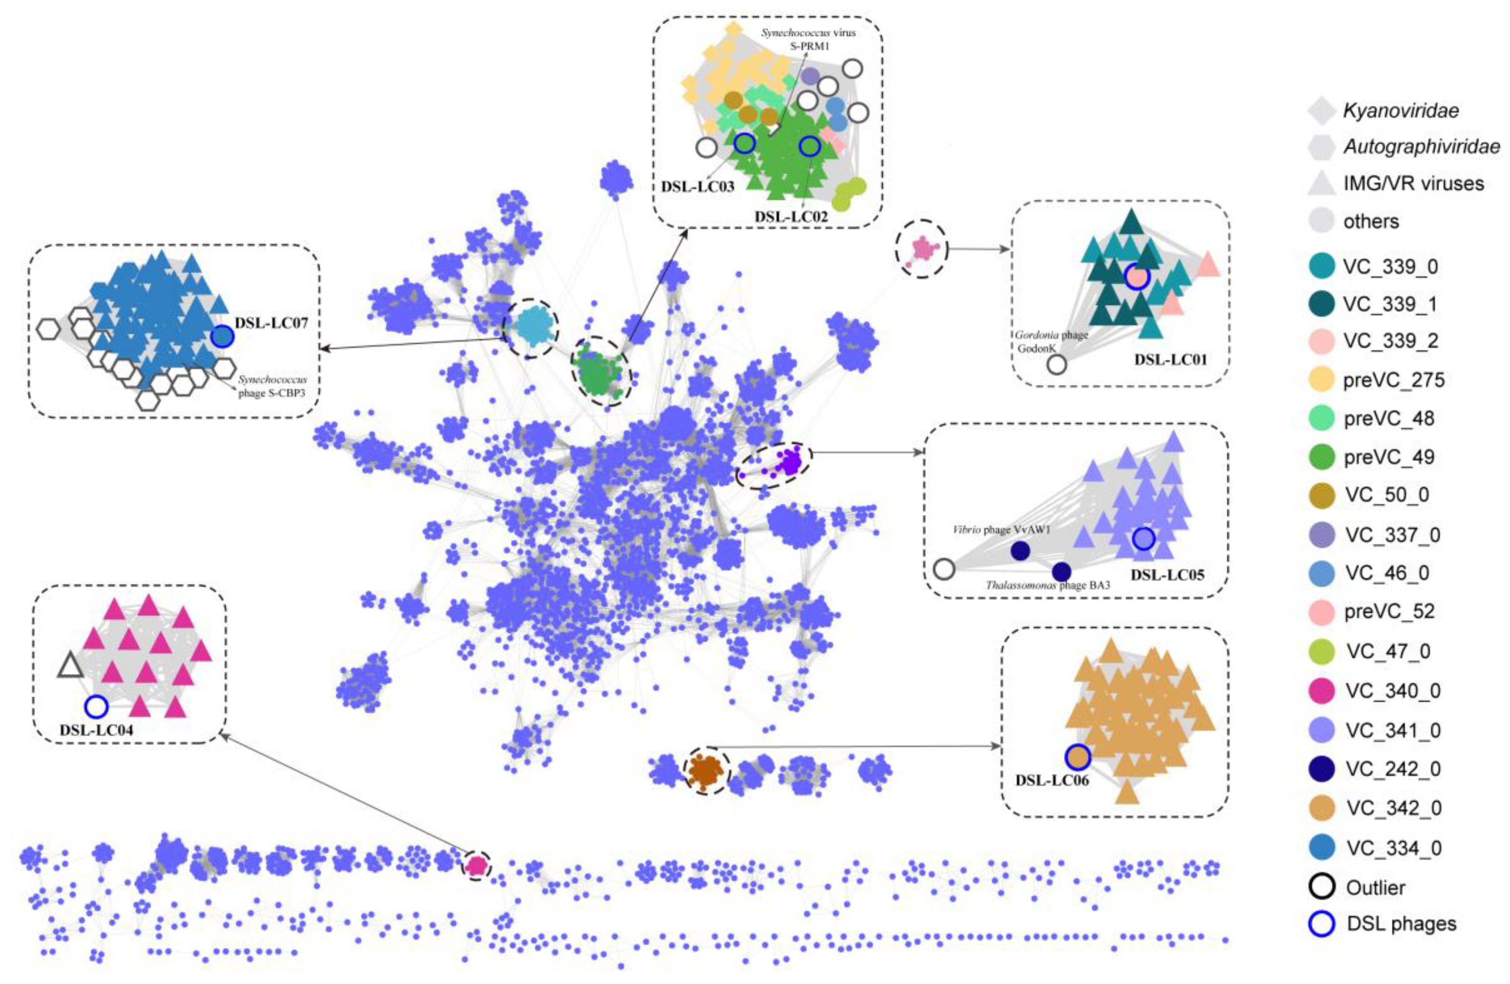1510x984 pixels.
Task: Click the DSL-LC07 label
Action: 271,323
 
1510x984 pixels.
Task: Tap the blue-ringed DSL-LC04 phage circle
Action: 96,706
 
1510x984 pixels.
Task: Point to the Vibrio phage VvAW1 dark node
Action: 1020,551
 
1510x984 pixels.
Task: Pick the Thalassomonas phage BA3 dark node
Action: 1061,572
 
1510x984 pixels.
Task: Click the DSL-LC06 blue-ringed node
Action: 1077,756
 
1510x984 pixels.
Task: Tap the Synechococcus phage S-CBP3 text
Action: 273,386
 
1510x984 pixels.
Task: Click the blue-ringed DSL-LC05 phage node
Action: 1143,538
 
